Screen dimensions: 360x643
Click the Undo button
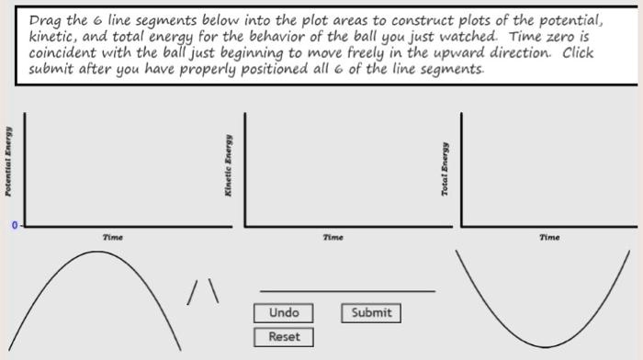[284, 313]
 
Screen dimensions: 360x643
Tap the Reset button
[284, 337]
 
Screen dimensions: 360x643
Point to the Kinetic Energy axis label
[226, 165]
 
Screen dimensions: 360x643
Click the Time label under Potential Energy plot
[113, 237]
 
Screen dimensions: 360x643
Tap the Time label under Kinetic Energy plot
[333, 237]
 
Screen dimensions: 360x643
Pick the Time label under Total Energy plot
[549, 237]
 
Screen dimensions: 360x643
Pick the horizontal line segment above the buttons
[347, 291]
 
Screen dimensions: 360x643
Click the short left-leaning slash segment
[194, 292]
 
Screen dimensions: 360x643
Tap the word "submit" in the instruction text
[50, 70]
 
